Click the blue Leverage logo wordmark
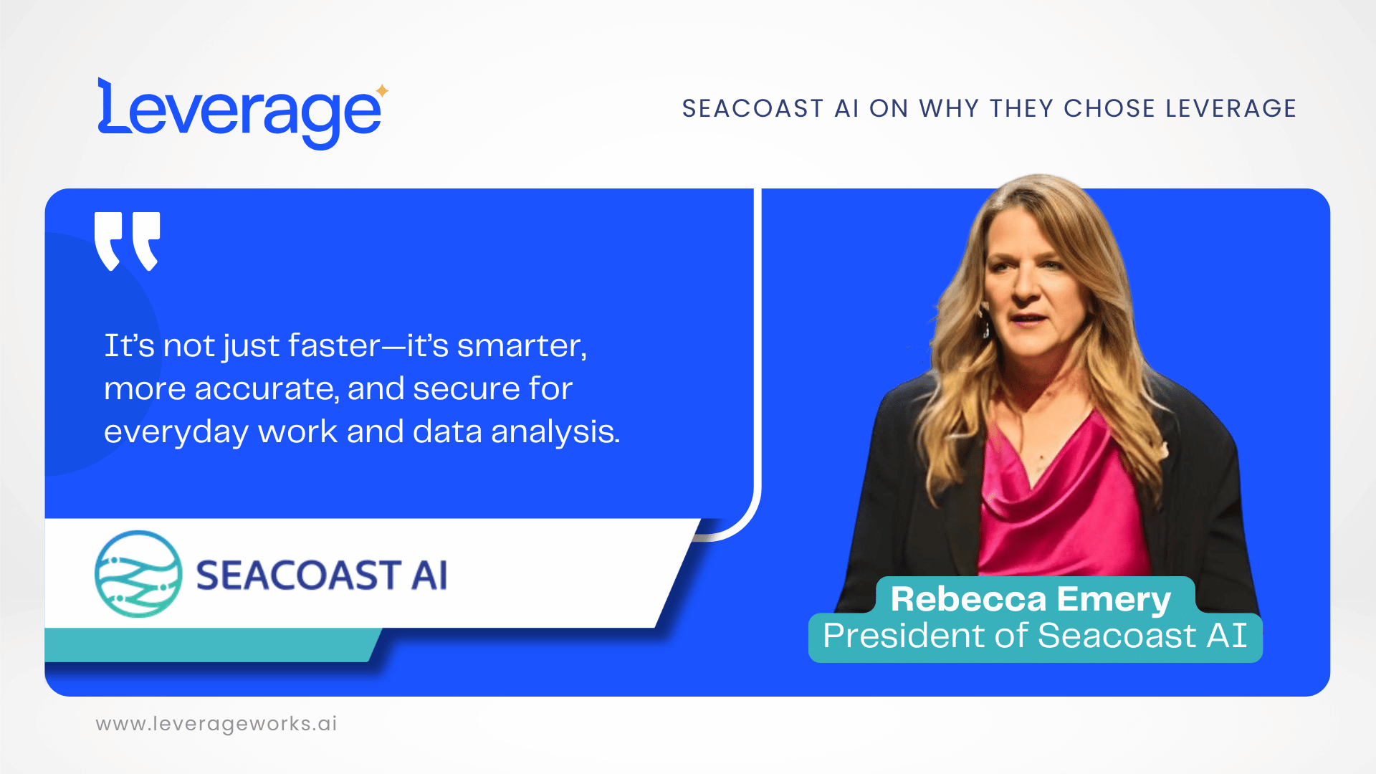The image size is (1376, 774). click(240, 113)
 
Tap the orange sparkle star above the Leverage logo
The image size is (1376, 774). click(383, 90)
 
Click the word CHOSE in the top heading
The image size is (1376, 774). click(1109, 109)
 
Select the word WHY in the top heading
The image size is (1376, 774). click(950, 109)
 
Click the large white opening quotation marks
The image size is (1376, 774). click(128, 241)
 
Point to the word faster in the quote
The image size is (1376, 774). click(334, 346)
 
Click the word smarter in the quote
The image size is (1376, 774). click(522, 346)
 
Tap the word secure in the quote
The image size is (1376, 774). click(466, 389)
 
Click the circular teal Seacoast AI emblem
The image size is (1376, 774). click(138, 574)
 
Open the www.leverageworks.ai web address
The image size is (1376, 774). click(216, 724)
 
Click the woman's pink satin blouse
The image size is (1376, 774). click(1061, 502)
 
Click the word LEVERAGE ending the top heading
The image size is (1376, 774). click(1231, 109)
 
